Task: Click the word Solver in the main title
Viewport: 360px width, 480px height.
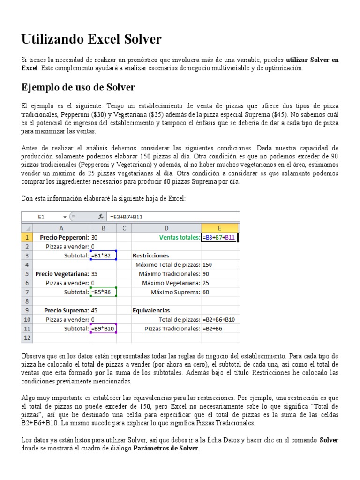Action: pyautogui.click(x=140, y=39)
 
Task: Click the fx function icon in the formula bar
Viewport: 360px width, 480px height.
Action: pyautogui.click(x=100, y=217)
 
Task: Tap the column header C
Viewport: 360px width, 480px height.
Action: pyautogui.click(x=124, y=228)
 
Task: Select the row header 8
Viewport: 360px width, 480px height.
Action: pyautogui.click(x=26, y=301)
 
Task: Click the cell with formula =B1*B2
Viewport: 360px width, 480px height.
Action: pyautogui.click(x=103, y=255)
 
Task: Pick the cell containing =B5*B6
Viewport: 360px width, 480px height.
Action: pyautogui.click(x=103, y=292)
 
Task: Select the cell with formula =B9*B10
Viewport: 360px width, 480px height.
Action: pyautogui.click(x=103, y=329)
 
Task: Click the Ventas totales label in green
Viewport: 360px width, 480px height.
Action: pyautogui.click(x=179, y=237)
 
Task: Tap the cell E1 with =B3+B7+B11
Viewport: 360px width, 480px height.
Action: pyautogui.click(x=219, y=237)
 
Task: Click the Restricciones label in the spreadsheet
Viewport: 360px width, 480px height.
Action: pyautogui.click(x=151, y=255)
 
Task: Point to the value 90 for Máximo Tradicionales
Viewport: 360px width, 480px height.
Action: pyautogui.click(x=207, y=274)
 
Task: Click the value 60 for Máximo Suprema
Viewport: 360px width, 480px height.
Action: pyautogui.click(x=207, y=292)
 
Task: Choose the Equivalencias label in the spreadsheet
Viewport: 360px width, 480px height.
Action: pyautogui.click(x=151, y=310)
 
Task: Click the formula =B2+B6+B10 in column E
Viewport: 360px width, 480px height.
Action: pyautogui.click(x=219, y=319)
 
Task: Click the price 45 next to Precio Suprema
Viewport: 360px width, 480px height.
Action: pyautogui.click(x=95, y=310)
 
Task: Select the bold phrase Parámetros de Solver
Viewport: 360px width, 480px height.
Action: pyautogui.click(x=166, y=448)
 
